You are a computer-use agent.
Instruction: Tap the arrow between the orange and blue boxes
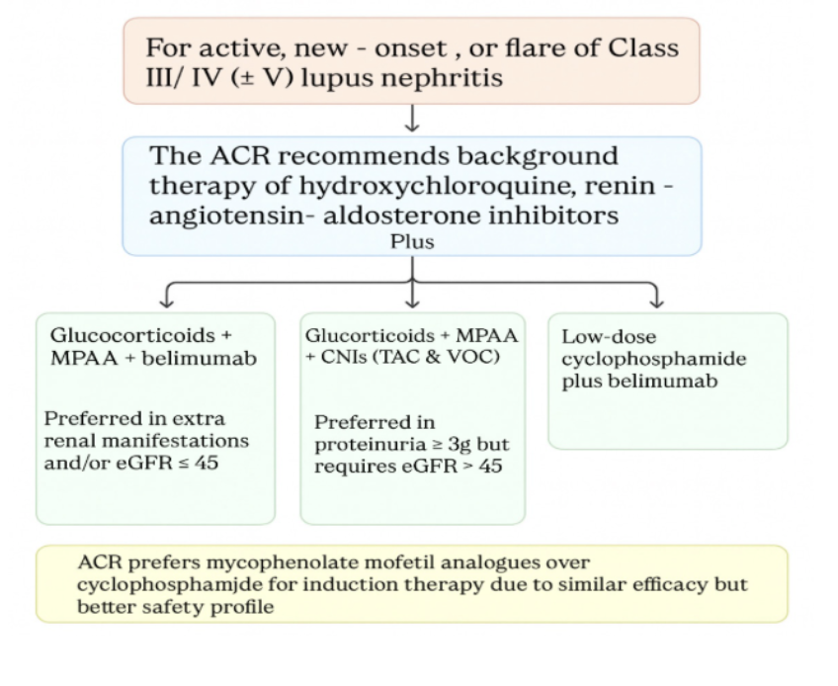pos(412,119)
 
